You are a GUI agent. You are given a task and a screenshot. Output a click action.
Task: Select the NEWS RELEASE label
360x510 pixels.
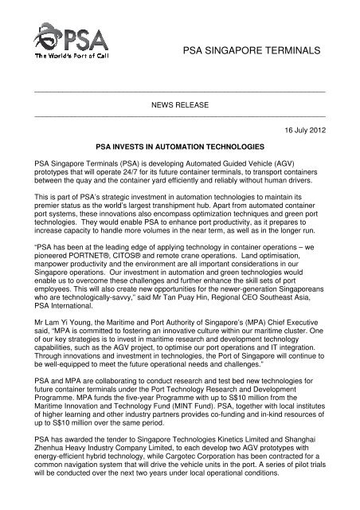click(x=179, y=105)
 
